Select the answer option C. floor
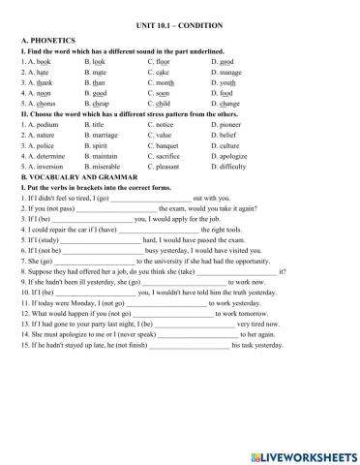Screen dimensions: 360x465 pos(163,61)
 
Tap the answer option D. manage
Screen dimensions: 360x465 pos(227,73)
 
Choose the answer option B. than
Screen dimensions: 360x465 pos(100,84)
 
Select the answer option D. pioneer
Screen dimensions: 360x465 pos(228,126)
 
